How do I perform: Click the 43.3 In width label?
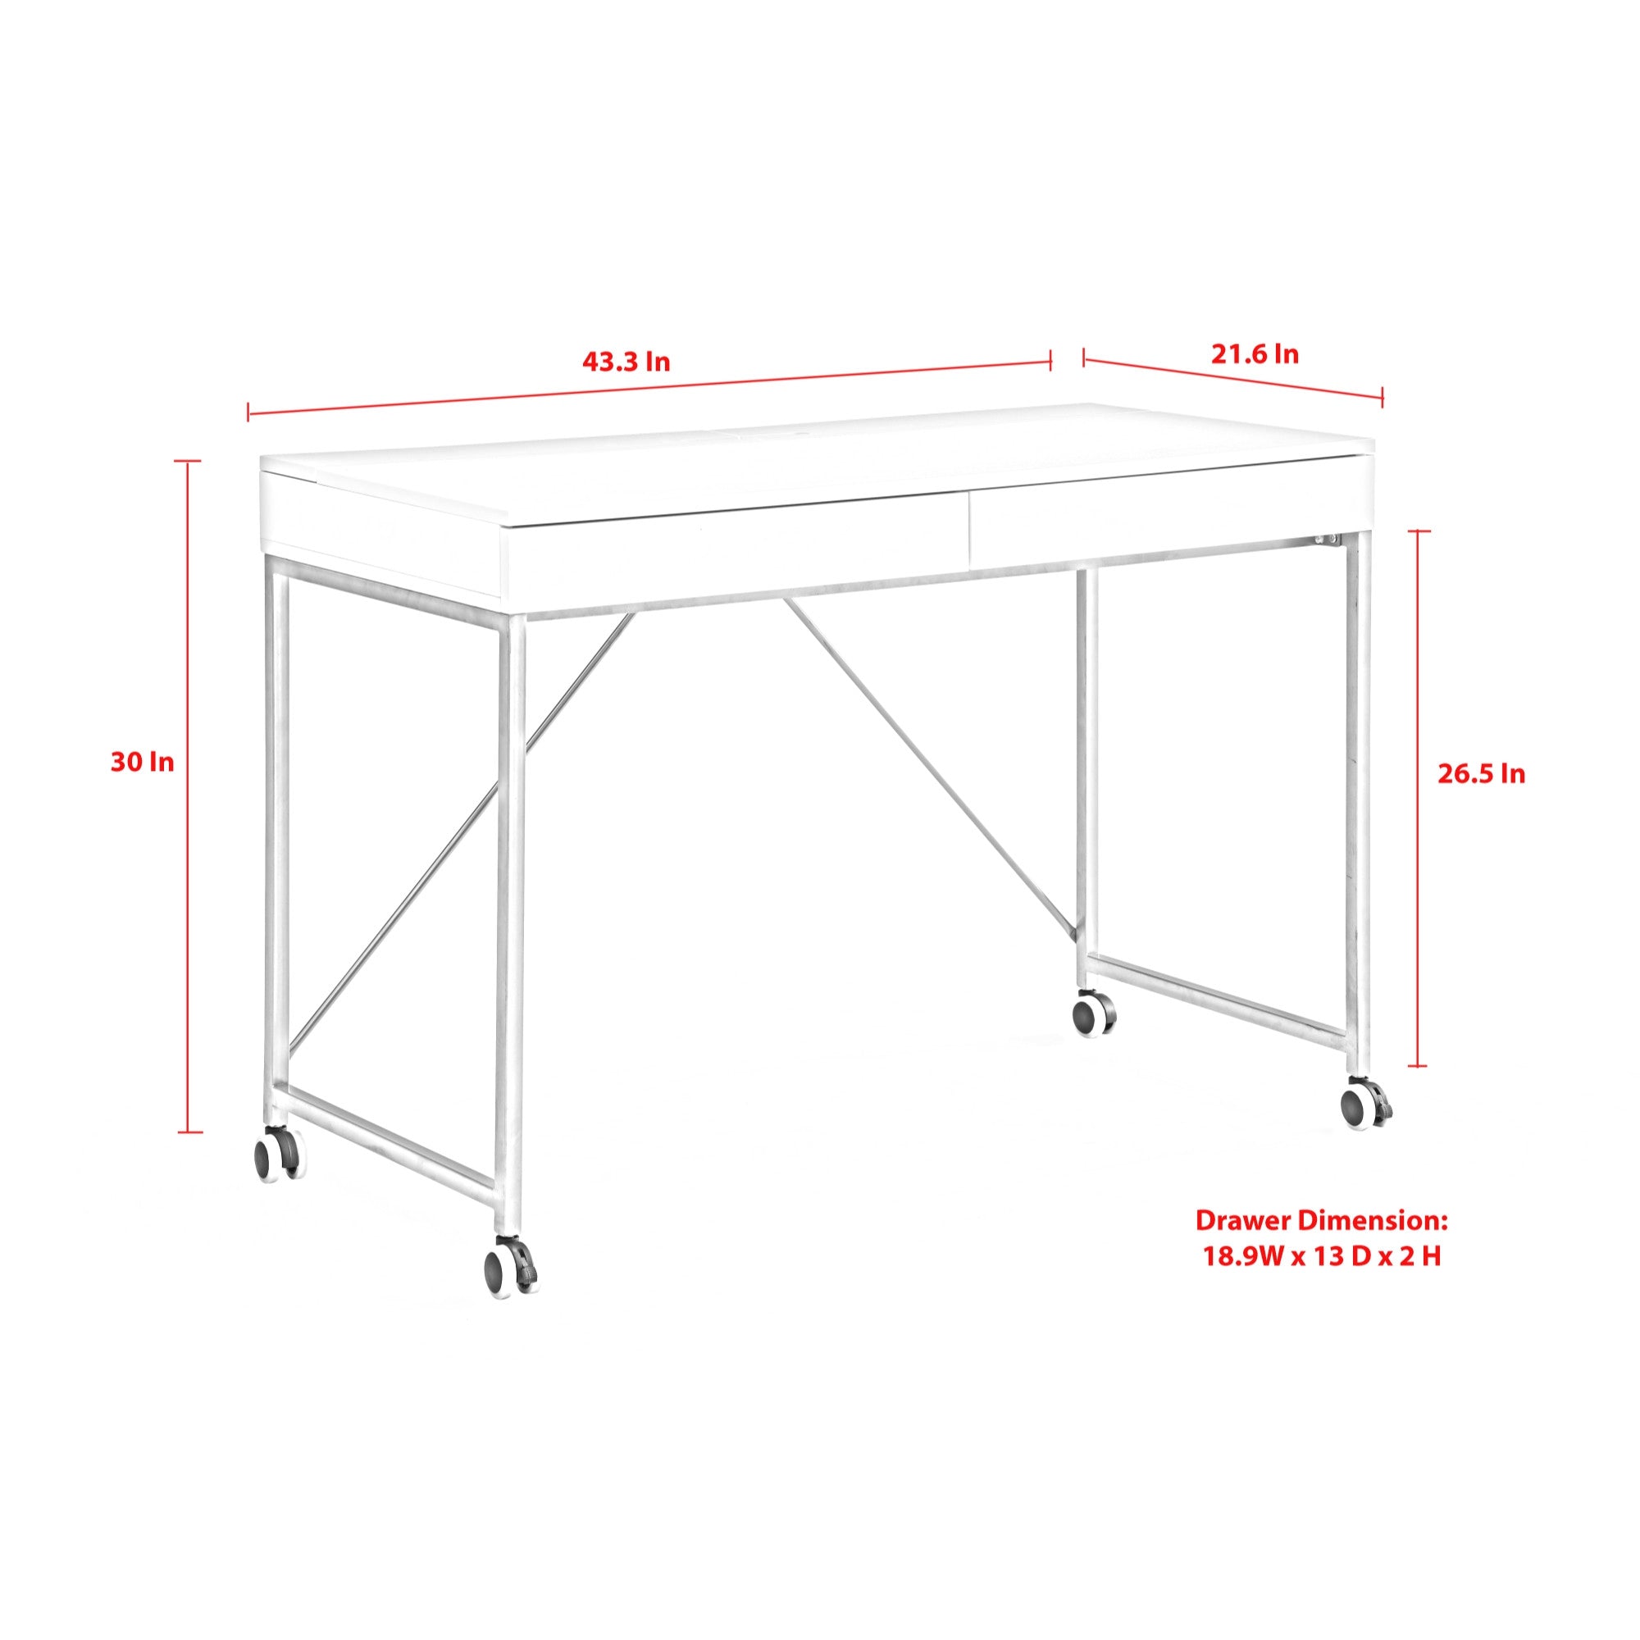(x=626, y=362)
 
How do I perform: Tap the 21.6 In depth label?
(x=1255, y=354)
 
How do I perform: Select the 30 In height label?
(x=142, y=763)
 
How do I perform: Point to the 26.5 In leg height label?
(x=1481, y=774)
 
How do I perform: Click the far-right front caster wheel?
(x=1366, y=1105)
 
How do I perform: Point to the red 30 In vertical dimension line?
(x=189, y=796)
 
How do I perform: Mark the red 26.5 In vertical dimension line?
(x=1418, y=798)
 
